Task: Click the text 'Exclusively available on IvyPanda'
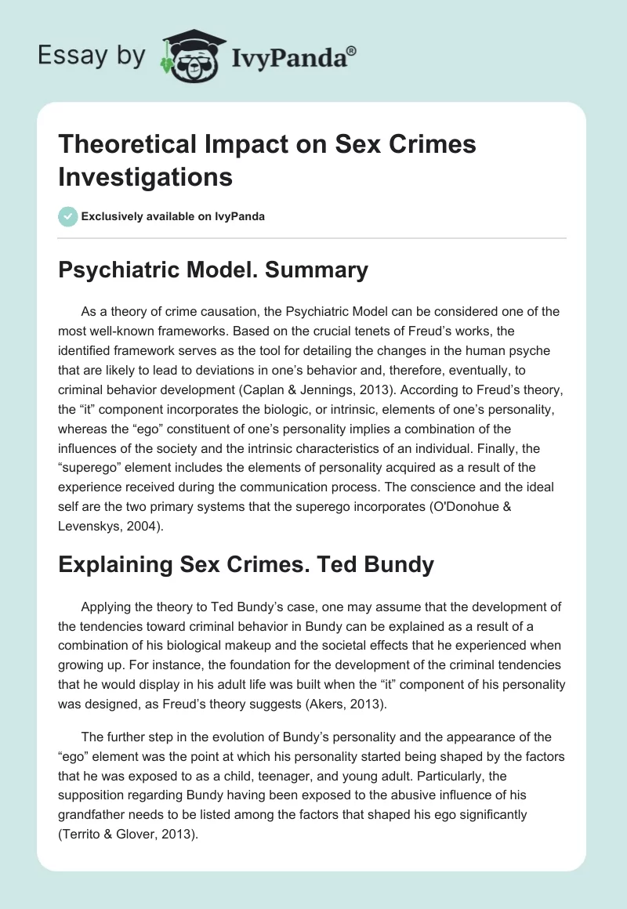172,216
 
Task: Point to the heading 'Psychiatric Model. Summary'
213,270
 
